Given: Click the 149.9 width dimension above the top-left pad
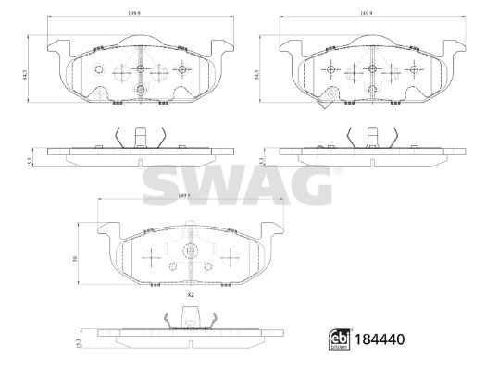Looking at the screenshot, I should click(x=138, y=14).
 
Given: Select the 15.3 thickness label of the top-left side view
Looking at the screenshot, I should click(x=32, y=161).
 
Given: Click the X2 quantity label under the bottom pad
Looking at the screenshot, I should click(x=191, y=294).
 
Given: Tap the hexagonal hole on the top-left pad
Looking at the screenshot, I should click(x=100, y=71).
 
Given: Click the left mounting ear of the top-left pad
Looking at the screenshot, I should click(x=56, y=45).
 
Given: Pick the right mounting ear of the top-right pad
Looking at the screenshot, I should click(x=454, y=45).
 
